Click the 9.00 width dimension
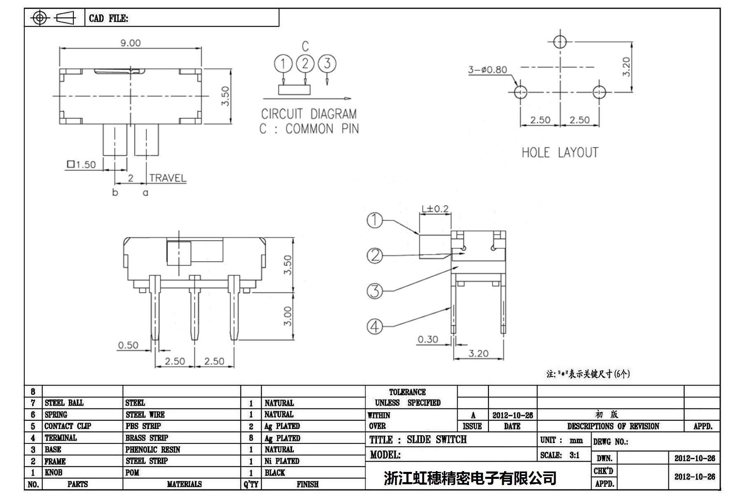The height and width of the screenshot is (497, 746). (x=130, y=43)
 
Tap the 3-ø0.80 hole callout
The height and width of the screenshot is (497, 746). (x=487, y=70)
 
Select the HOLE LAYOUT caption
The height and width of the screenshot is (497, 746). (x=559, y=153)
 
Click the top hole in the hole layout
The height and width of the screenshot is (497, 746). (x=560, y=42)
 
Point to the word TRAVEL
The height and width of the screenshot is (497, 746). (x=168, y=178)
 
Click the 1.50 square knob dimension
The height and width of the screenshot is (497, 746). (x=82, y=165)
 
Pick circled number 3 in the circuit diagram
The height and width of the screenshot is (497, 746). (x=327, y=64)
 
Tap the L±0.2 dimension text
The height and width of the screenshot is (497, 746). (x=435, y=209)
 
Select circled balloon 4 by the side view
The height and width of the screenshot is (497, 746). (x=374, y=327)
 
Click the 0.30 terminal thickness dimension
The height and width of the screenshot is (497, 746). (x=428, y=339)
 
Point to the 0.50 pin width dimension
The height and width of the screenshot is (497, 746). (x=128, y=345)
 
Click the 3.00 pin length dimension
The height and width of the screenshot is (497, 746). (x=288, y=316)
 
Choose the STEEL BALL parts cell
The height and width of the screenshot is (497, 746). (x=64, y=403)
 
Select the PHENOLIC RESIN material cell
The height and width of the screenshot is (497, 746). (x=153, y=450)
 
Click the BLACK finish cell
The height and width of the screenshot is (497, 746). (x=275, y=473)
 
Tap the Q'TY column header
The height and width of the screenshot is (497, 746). (x=251, y=484)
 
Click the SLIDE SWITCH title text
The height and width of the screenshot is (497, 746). (x=437, y=440)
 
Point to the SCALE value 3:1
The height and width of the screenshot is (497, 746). (x=574, y=455)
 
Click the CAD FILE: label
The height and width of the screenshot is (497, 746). (x=108, y=19)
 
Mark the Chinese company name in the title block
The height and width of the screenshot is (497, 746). (x=470, y=478)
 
